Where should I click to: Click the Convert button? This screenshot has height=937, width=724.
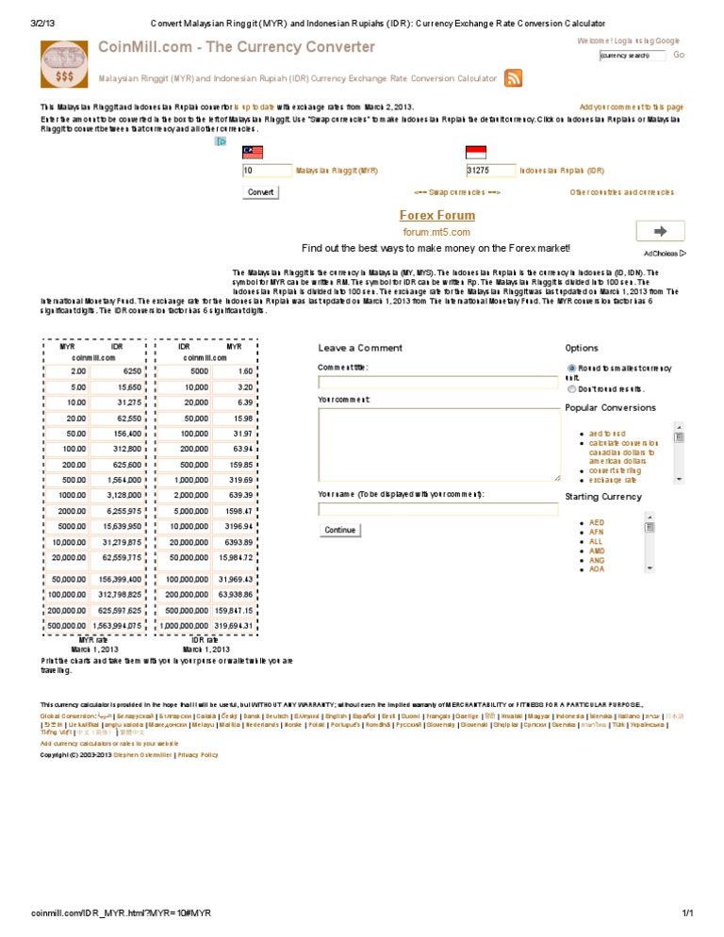click(x=261, y=192)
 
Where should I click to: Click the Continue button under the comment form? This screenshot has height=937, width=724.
click(x=340, y=530)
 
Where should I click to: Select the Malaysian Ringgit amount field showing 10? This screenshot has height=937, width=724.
click(x=267, y=171)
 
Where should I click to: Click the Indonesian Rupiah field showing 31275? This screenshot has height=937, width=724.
click(x=490, y=171)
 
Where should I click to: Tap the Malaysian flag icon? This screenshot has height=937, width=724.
click(x=253, y=153)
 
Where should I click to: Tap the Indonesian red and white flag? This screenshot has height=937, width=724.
click(x=476, y=153)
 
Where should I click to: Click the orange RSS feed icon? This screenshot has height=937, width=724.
click(x=514, y=79)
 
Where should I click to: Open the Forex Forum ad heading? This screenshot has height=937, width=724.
click(x=436, y=216)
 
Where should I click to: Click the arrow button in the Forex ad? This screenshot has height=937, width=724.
click(x=661, y=231)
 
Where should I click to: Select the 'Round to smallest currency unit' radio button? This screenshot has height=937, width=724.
click(x=571, y=368)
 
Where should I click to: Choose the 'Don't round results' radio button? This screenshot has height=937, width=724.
click(x=571, y=387)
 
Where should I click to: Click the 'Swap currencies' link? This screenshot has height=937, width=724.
click(x=457, y=192)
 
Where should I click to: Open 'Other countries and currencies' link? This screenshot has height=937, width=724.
click(x=621, y=192)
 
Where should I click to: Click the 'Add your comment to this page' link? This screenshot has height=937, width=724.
click(x=631, y=107)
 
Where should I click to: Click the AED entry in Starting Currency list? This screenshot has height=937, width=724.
click(x=597, y=522)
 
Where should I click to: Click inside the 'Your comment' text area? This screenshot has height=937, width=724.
click(x=438, y=444)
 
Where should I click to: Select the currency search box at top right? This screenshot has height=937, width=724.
click(x=632, y=56)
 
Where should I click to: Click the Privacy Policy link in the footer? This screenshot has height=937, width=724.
click(x=197, y=755)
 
